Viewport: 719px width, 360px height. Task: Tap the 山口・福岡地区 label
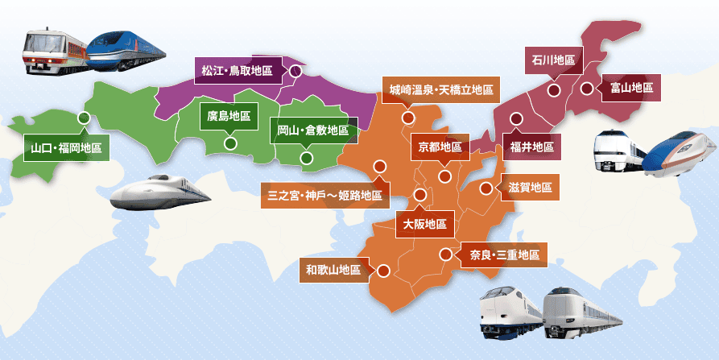pos(66,148)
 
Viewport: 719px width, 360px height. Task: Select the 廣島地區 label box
pos(229,116)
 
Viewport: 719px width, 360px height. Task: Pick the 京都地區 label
pos(440,147)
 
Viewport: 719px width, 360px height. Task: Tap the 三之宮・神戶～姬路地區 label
pos(324,194)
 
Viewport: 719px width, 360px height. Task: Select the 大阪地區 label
pos(424,223)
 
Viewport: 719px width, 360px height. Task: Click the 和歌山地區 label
pos(333,270)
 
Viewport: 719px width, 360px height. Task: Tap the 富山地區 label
pos(631,88)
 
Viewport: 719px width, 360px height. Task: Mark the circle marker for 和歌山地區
pos(383,271)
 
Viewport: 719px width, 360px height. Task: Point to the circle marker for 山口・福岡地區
pos(84,118)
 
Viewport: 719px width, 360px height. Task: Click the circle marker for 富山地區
pos(587,88)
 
